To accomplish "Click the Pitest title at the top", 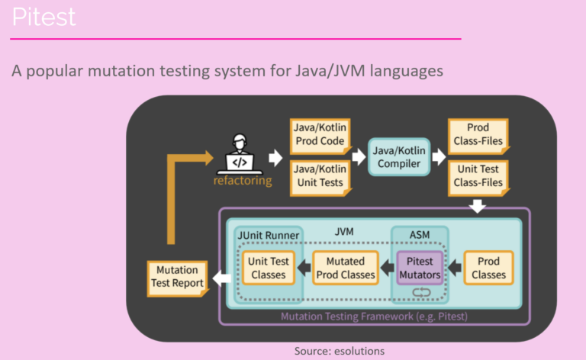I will (44, 17).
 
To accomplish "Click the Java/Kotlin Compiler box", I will (399, 156).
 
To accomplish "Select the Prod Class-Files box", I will (478, 134).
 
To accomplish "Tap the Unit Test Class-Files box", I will (478, 175).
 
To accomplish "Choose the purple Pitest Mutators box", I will (420, 267).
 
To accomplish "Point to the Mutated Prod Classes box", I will (346, 267).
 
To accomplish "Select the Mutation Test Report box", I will (177, 277).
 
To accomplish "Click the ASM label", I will (419, 235).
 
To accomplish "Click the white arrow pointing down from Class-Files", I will (478, 207).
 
